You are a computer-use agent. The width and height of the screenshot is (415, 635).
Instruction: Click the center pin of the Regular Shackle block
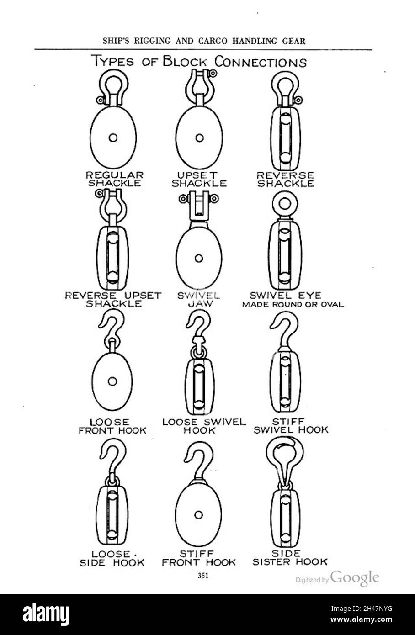(x=113, y=138)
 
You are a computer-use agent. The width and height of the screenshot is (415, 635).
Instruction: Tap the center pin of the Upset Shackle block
(x=199, y=138)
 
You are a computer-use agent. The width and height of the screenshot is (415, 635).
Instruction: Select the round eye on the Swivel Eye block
(x=285, y=203)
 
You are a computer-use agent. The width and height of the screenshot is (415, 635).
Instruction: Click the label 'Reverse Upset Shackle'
(x=113, y=300)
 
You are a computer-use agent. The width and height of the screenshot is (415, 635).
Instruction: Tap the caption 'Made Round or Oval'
(x=293, y=305)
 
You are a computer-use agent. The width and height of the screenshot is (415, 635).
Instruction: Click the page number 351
(x=203, y=576)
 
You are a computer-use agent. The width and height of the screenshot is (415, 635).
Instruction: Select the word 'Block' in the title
(x=185, y=62)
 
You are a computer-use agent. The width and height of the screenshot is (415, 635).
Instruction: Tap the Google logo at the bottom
(x=355, y=578)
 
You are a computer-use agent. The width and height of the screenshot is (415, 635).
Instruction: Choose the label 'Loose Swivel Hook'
(x=204, y=426)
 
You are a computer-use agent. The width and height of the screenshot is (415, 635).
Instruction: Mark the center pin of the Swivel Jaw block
(x=199, y=258)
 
